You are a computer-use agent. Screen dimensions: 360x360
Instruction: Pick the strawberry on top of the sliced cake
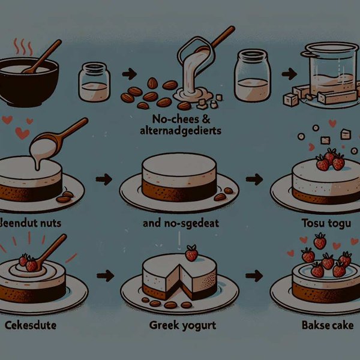(x=191, y=253)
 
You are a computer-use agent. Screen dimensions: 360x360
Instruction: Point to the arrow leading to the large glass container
(x=289, y=76)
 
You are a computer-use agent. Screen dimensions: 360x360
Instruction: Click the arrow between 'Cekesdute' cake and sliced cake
(x=106, y=276)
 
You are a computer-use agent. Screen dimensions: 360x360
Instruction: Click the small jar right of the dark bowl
(x=94, y=82)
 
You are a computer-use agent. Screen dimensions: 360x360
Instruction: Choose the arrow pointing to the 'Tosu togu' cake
(x=254, y=178)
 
